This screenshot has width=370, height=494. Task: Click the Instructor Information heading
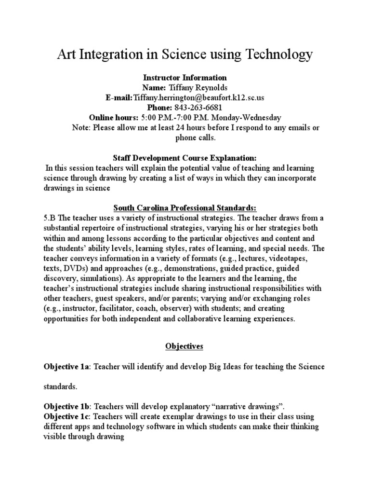(185, 77)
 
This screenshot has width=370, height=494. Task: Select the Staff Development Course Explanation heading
(185, 157)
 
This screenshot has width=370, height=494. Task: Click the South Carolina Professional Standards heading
(185, 207)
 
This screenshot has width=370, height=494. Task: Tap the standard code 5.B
(50, 218)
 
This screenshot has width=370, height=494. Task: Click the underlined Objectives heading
(185, 346)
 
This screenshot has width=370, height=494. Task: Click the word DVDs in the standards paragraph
(73, 268)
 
